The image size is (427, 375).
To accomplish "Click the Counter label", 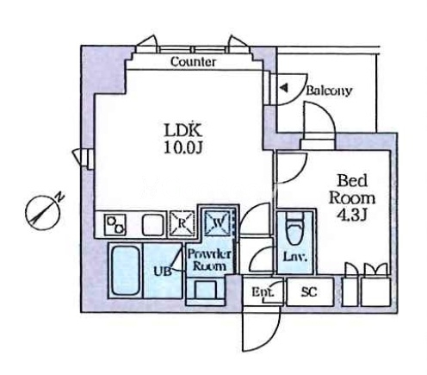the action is [x=193, y=61].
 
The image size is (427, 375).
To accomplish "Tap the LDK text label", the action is [x=183, y=130].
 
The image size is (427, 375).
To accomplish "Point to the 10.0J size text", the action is [x=183, y=148].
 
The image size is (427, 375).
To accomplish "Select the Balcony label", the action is [x=329, y=91].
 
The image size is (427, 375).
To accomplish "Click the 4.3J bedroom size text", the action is [x=352, y=215].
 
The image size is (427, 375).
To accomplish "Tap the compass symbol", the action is [x=42, y=212].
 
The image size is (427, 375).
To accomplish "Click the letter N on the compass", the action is [x=59, y=197].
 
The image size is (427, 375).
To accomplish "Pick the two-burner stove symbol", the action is [x=116, y=225].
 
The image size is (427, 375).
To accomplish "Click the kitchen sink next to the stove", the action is [x=154, y=225].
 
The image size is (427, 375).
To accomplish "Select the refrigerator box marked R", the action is [x=182, y=223].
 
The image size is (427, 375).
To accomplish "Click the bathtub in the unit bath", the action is [x=126, y=271].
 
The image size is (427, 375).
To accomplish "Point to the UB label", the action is [x=163, y=271].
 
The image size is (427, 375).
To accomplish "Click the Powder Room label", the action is [x=209, y=260].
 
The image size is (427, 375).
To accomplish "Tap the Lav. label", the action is [x=295, y=257].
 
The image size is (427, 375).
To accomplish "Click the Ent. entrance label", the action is [x=263, y=292].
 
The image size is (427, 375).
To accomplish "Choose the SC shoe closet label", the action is [x=309, y=291].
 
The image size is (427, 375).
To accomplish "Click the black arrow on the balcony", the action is [x=284, y=88].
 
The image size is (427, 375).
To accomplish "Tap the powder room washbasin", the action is [x=206, y=290].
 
